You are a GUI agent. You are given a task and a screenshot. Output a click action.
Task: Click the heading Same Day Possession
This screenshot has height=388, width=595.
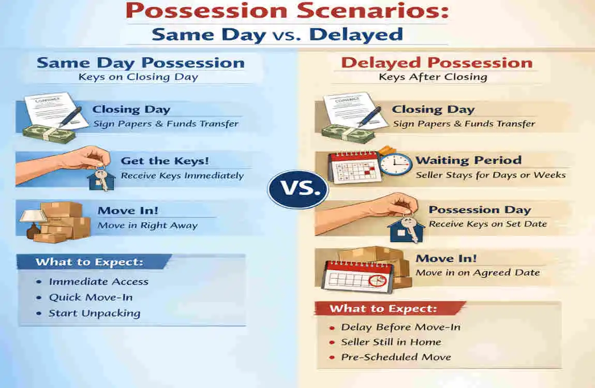click(x=140, y=63)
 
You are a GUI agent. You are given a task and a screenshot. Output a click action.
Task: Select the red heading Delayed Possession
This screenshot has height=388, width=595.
click(x=437, y=63)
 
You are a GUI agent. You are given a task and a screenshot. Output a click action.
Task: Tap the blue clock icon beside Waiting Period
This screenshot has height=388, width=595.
click(x=396, y=163)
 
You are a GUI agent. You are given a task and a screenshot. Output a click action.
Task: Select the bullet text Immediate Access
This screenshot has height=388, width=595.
click(x=98, y=282)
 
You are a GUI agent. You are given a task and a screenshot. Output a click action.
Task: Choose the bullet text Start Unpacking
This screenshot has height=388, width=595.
click(x=94, y=313)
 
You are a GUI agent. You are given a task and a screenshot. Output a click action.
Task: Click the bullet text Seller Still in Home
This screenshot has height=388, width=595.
click(x=391, y=342)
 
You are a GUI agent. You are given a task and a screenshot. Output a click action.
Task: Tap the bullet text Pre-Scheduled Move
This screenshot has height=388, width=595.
click(x=396, y=357)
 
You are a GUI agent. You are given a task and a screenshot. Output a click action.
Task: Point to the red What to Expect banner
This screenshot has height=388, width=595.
click(x=383, y=309)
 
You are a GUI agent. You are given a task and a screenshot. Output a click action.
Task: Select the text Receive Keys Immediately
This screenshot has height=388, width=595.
click(x=182, y=175)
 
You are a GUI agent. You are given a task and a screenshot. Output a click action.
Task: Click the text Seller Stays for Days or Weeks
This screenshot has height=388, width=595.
click(x=490, y=175)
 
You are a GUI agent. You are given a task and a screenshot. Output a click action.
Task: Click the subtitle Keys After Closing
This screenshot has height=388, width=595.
click(x=433, y=77)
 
